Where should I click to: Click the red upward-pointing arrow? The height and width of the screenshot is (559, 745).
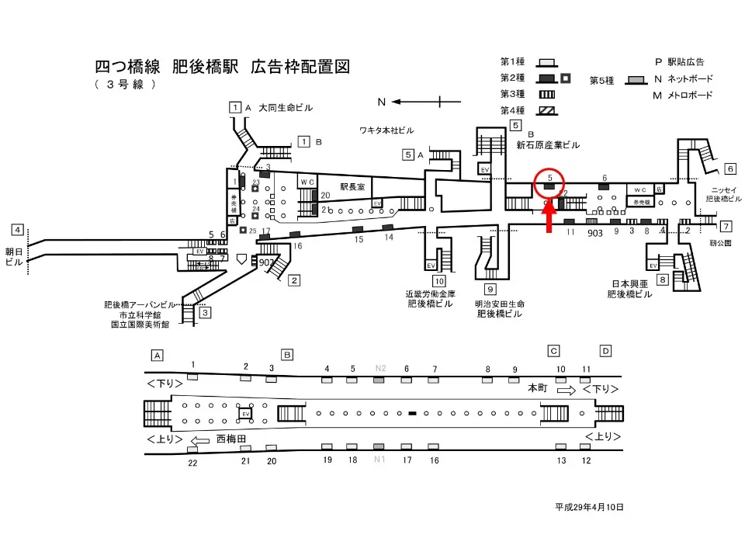point(549,218)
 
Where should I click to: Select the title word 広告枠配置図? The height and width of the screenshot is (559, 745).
point(300,67)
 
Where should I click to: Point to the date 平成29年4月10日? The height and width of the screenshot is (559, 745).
point(589,507)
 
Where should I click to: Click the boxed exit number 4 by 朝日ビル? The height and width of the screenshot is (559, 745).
point(17,230)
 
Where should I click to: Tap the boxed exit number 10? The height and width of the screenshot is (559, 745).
point(439,281)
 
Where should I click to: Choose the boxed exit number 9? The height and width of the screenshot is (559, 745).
point(490,290)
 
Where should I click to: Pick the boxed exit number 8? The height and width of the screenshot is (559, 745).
point(662,279)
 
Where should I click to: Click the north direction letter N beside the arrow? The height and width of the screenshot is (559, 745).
point(382,102)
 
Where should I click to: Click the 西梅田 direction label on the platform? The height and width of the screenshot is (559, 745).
point(231,439)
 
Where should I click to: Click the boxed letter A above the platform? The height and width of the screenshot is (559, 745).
point(158,355)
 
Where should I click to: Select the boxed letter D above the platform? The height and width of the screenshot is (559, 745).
point(605,350)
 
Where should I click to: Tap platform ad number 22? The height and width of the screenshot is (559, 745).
point(193,463)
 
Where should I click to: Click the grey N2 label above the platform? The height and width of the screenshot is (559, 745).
point(379,368)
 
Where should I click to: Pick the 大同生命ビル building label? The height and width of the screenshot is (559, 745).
point(286,108)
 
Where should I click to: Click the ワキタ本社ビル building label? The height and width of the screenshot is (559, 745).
point(386,129)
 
